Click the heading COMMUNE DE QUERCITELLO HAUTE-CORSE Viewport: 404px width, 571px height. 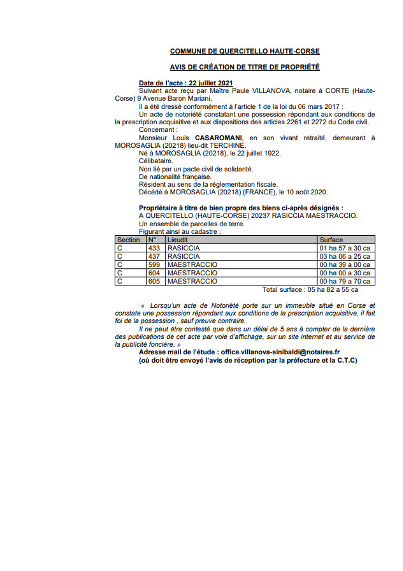[245, 50]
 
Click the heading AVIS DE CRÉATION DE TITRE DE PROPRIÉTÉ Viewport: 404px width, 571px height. [245, 67]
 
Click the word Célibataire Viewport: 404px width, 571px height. [155, 161]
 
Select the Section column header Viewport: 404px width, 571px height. [128, 240]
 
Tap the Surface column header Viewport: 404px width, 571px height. [331, 240]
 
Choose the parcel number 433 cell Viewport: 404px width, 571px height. [154, 248]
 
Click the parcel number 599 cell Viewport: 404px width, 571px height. [154, 264]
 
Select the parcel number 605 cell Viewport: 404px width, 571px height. [154, 281]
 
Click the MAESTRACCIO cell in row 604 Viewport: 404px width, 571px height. [192, 273]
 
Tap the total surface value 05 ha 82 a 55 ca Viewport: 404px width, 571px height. [328, 289]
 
